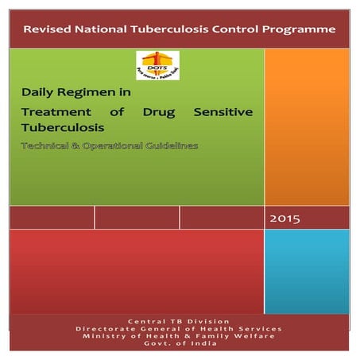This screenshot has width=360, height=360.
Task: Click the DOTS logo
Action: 157,65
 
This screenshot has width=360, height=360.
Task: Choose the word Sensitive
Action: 223,112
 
